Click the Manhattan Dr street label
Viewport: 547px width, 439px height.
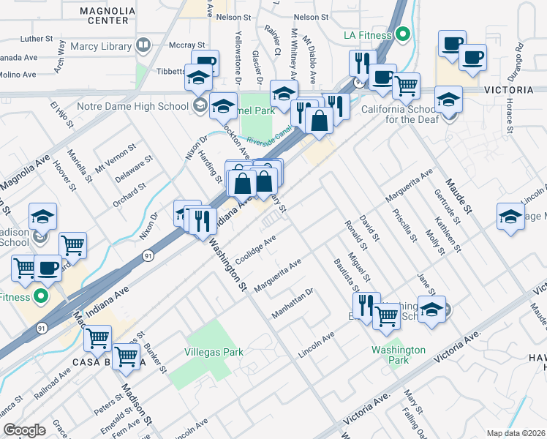click(x=292, y=302)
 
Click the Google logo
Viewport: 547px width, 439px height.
click(x=25, y=430)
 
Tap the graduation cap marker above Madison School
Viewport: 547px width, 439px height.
click(x=43, y=216)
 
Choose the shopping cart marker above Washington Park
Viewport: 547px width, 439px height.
click(x=386, y=315)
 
